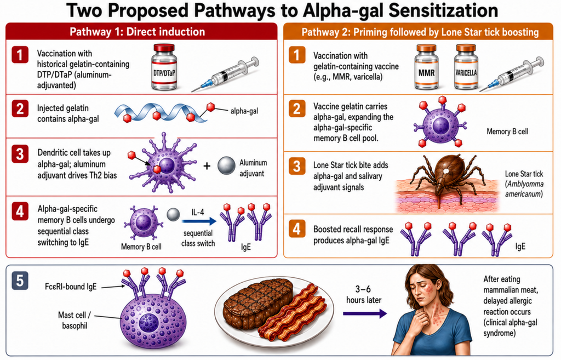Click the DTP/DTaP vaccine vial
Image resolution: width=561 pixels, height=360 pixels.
(x=164, y=67)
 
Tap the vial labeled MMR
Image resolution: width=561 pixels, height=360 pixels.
(x=426, y=67)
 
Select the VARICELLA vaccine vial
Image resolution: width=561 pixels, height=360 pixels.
(x=466, y=67)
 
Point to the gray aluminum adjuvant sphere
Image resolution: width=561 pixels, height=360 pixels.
(x=226, y=165)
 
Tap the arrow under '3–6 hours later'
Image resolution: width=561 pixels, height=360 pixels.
(x=364, y=314)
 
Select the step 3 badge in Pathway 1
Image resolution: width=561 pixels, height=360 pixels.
(x=20, y=154)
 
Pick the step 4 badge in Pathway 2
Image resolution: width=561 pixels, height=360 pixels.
(x=296, y=229)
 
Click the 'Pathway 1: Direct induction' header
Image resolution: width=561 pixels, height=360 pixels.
(x=138, y=32)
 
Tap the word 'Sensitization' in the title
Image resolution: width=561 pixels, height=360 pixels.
(x=443, y=11)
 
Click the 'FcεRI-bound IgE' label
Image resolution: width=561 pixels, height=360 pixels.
(x=71, y=286)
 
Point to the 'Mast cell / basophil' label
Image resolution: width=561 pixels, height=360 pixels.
(x=75, y=321)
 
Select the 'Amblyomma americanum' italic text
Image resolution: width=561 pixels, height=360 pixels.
(x=524, y=189)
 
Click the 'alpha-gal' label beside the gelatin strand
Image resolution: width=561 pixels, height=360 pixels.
(x=244, y=111)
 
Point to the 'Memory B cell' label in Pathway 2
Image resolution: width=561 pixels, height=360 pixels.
(x=507, y=132)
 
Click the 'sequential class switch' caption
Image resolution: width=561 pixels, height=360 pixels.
(x=198, y=238)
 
